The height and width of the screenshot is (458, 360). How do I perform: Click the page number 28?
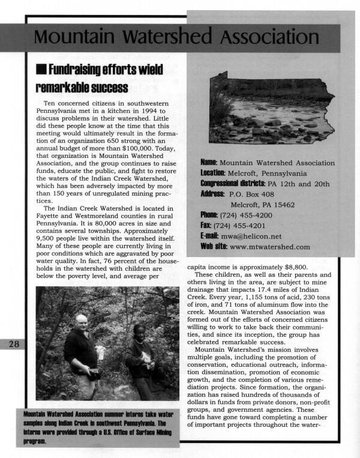coord(12,344)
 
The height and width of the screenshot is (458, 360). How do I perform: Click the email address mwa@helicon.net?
coord(247,236)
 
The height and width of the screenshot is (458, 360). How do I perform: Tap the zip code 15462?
coord(278,204)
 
